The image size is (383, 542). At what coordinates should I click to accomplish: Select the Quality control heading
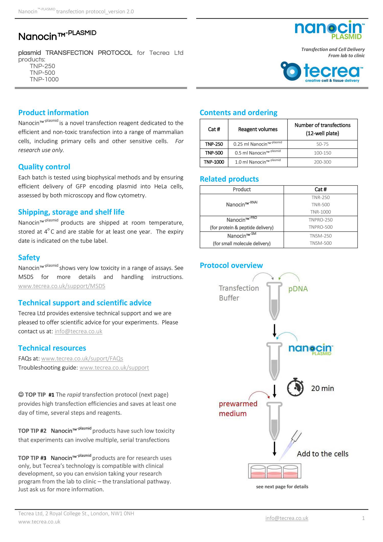tap(44, 167)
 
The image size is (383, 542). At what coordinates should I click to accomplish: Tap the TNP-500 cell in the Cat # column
tap(214, 153)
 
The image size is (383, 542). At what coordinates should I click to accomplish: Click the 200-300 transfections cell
tap(322, 162)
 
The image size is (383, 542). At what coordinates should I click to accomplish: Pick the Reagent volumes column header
tap(258, 129)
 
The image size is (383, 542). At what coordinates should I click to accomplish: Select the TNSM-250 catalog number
tap(320, 236)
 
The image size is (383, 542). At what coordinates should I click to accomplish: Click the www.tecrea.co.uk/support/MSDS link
tap(62, 286)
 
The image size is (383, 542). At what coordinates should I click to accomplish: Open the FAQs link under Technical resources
tap(82, 358)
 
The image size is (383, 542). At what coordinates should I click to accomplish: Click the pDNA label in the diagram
tap(298, 289)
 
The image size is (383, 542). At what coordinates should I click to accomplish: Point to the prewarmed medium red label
tap(238, 409)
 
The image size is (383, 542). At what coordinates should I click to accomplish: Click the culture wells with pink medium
tap(274, 471)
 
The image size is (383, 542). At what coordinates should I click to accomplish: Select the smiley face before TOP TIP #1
tap(21, 394)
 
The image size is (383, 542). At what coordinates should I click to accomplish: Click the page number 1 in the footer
tap(363, 518)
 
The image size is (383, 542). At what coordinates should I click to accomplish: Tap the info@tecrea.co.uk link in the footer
tap(287, 518)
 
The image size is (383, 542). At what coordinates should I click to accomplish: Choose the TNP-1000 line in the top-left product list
tap(44, 79)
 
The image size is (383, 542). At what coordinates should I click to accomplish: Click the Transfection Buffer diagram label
tap(238, 293)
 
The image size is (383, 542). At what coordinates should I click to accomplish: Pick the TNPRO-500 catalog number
tap(320, 227)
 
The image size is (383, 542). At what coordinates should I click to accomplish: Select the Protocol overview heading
tap(231, 266)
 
